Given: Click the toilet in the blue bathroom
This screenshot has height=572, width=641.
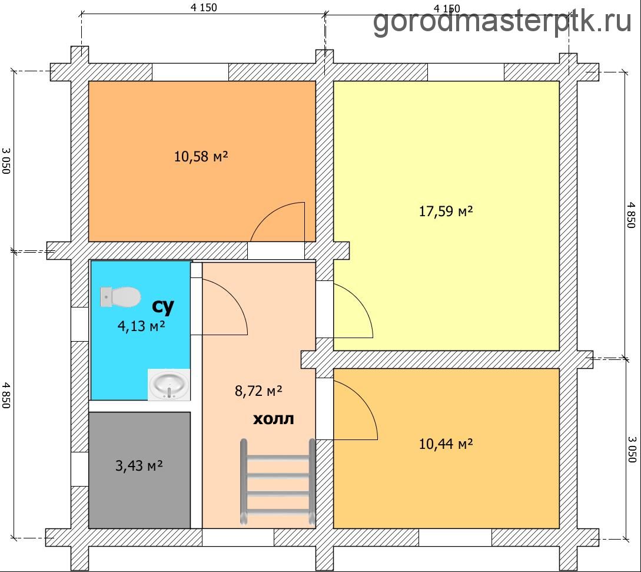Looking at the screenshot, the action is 121,297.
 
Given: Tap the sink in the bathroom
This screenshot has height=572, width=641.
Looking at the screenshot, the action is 169,385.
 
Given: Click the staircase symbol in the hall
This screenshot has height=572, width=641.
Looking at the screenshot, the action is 278,482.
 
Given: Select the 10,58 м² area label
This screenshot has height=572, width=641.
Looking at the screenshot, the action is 201,156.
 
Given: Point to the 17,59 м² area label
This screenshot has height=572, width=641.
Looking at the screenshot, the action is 446,211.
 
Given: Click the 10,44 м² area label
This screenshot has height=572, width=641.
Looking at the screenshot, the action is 446,444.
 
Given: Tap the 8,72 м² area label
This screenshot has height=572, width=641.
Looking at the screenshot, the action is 258,391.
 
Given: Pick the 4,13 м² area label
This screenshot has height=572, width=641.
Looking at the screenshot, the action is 141,326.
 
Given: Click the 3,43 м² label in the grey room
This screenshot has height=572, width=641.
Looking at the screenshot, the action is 139,465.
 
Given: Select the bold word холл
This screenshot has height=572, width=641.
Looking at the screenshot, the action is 274,419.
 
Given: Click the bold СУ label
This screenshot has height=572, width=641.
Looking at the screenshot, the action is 163,306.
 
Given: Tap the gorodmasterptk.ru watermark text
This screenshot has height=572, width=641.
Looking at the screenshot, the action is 503,21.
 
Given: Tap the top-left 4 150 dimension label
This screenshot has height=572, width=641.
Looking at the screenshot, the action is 204,8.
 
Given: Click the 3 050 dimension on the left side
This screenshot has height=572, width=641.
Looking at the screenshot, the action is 6,161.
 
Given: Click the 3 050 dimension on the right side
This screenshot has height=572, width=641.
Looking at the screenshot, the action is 632,449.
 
